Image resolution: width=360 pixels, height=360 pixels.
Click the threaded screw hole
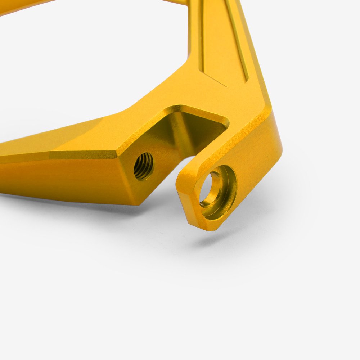tap(144, 166)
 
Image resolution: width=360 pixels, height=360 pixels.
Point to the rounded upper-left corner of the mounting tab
tap(182, 176)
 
